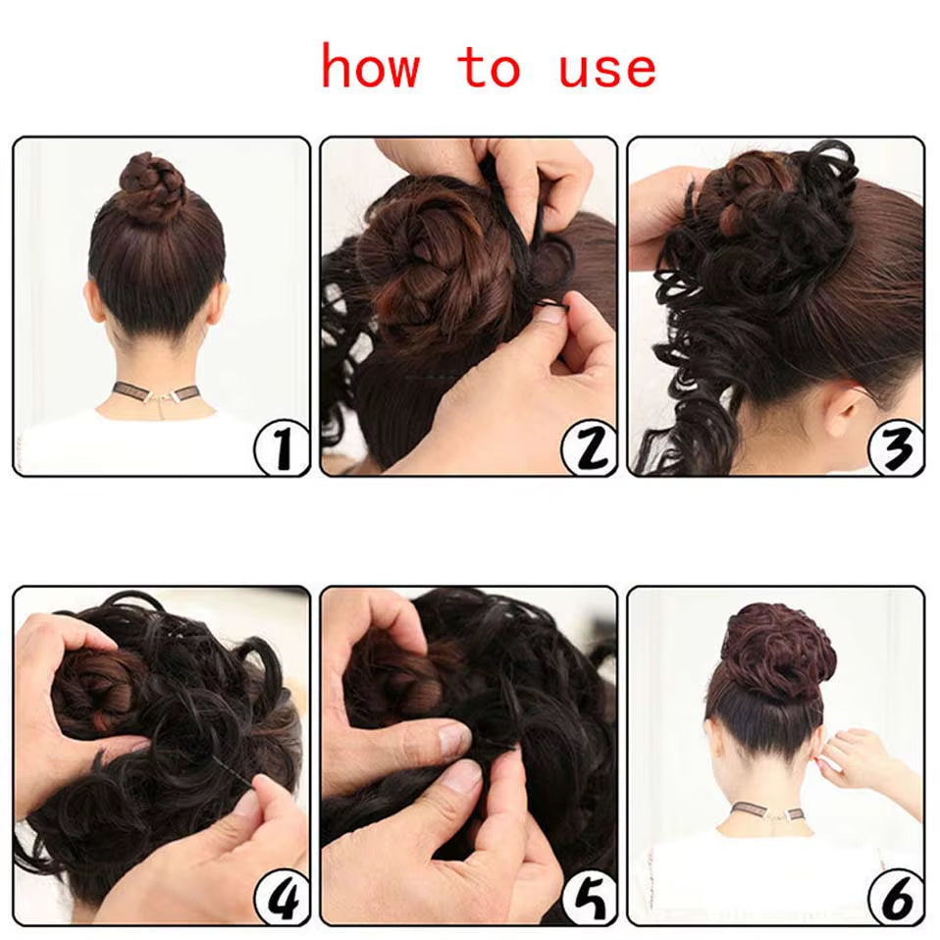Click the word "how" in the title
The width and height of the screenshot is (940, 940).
pyautogui.click(x=370, y=68)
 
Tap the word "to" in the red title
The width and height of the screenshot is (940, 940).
pyautogui.click(x=489, y=68)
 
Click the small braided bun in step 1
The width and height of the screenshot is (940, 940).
pyautogui.click(x=152, y=185)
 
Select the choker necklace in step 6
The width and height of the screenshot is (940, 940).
pyautogui.click(x=766, y=813)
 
